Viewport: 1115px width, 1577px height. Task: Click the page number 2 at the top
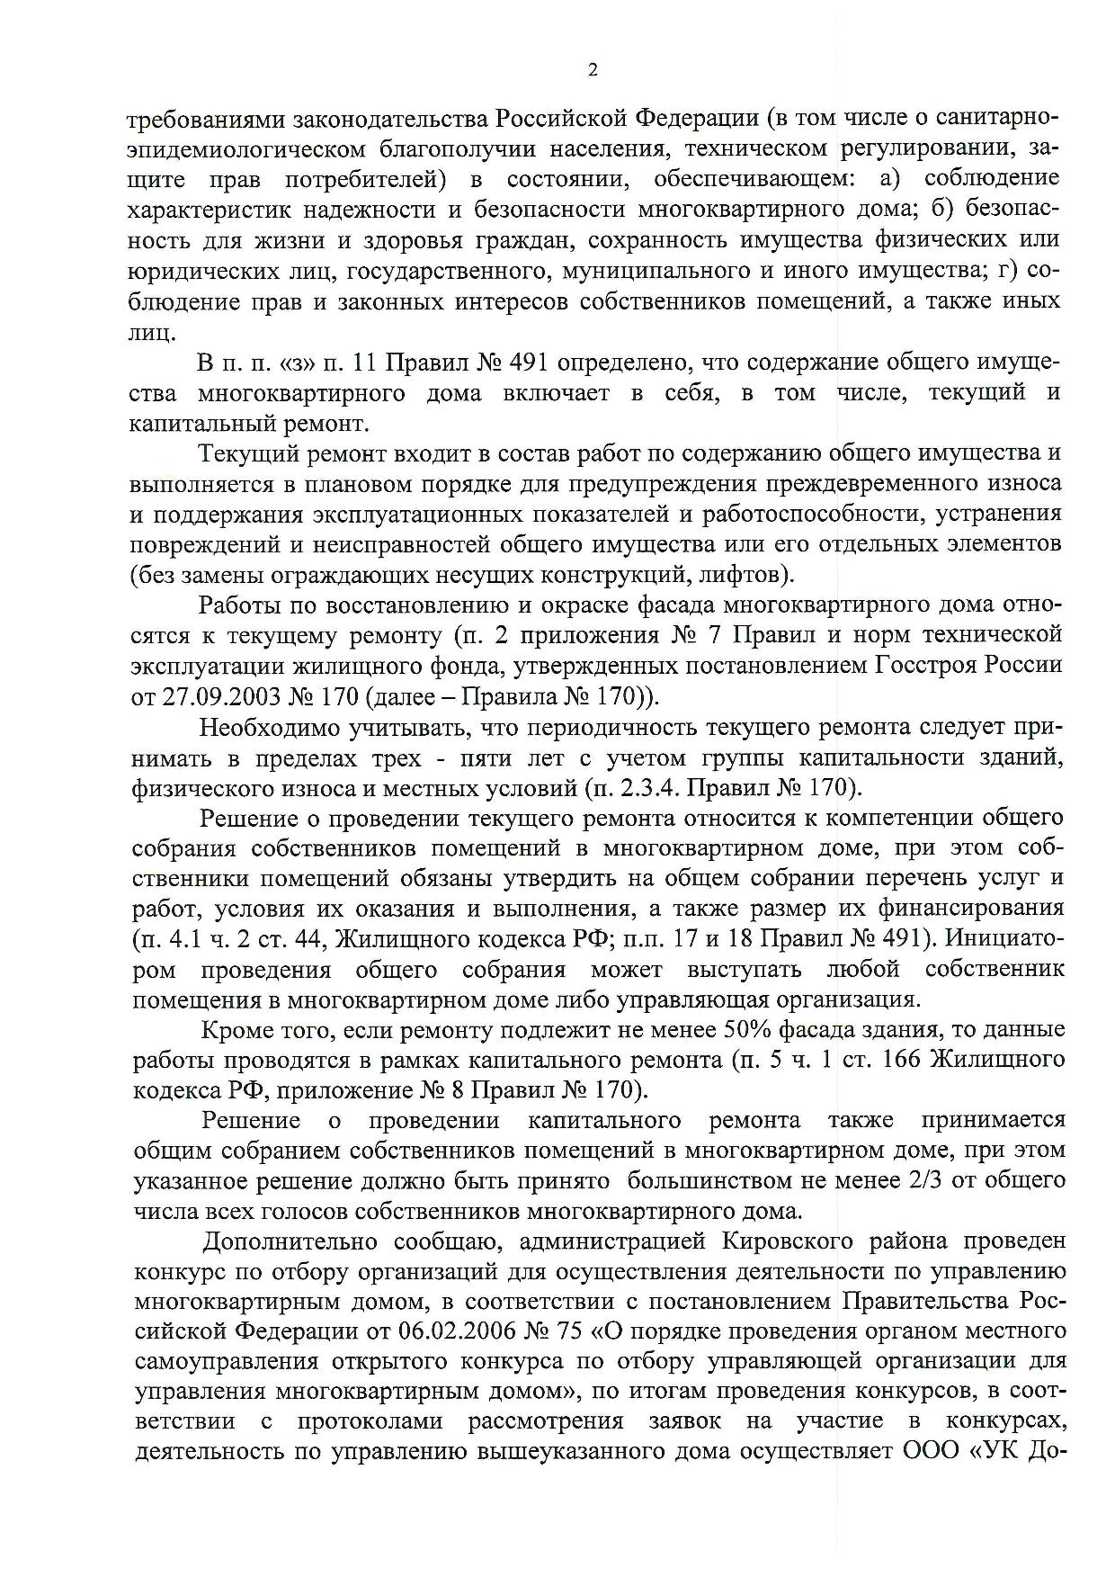[592, 71]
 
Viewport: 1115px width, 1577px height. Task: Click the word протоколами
[369, 1421]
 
